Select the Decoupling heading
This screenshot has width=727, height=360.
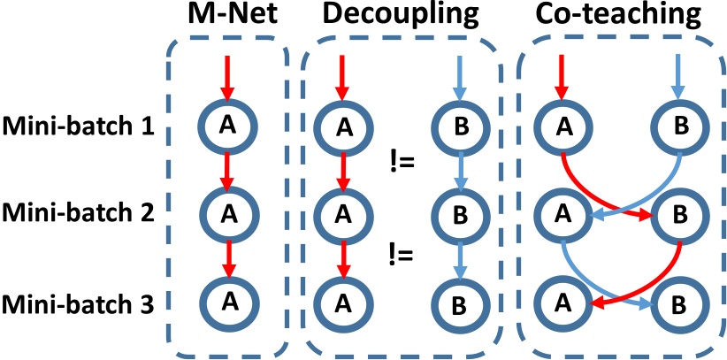[395, 18]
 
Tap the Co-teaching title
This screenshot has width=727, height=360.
[618, 18]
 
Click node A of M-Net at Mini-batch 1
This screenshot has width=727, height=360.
[228, 127]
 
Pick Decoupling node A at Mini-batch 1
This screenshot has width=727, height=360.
[341, 127]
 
